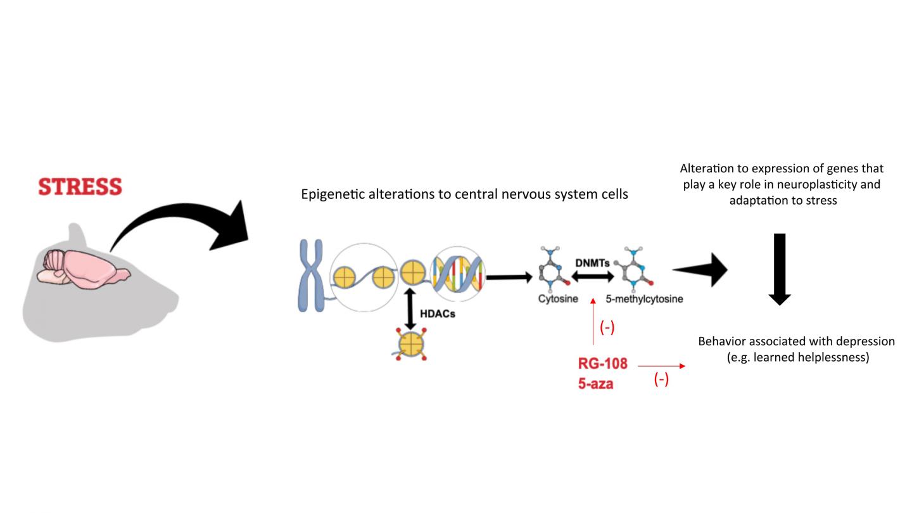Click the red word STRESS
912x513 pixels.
(80, 187)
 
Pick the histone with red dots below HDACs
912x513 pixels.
(410, 345)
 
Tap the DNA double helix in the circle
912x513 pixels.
(457, 274)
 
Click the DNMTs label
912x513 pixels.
(592, 262)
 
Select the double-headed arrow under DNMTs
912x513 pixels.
(593, 276)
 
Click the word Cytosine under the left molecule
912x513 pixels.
(558, 299)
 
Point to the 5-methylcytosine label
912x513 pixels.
(644, 299)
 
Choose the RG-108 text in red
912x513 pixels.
(602, 364)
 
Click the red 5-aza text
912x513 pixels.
(595, 383)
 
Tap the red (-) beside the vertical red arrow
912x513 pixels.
(607, 329)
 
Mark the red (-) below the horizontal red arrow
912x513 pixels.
(661, 380)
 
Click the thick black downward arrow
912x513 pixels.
(780, 269)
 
